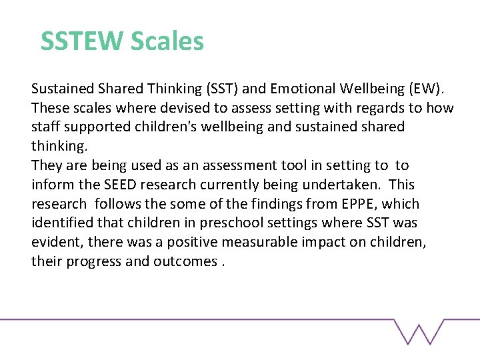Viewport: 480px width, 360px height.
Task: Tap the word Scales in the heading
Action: coord(167,41)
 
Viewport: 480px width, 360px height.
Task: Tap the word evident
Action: coord(55,242)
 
